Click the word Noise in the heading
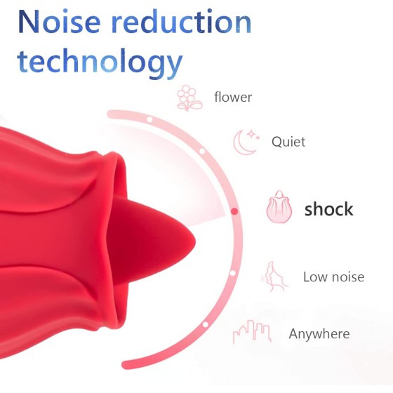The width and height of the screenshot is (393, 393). coord(59,22)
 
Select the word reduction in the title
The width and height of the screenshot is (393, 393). coord(181,22)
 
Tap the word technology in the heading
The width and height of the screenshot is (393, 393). coord(100,62)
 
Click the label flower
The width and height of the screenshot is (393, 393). coord(233,97)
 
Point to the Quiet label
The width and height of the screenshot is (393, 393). coord(288,142)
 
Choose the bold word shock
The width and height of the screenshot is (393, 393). coord(329,209)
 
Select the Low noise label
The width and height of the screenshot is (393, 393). coord(333,277)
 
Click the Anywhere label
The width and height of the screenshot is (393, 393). coord(319,334)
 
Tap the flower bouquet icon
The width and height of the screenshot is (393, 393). coord(189,98)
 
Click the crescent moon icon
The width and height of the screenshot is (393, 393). coord(246,142)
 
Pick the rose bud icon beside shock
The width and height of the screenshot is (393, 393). coord(279,207)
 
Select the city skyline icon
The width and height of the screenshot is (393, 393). coord(252,331)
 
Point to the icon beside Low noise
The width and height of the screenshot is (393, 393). coord(275,277)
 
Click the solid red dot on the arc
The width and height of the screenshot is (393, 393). coord(234,211)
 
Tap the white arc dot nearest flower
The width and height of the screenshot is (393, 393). coord(149,119)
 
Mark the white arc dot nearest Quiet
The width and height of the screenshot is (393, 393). coord(202,151)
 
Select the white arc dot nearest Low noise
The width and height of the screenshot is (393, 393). coord(232,273)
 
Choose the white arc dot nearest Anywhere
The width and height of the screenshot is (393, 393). coord(205,324)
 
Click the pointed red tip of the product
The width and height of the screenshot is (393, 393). coord(194,243)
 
